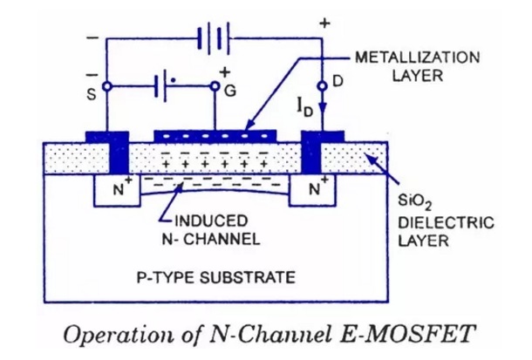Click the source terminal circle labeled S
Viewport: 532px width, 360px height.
click(x=106, y=86)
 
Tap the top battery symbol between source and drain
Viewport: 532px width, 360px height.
click(x=213, y=39)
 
